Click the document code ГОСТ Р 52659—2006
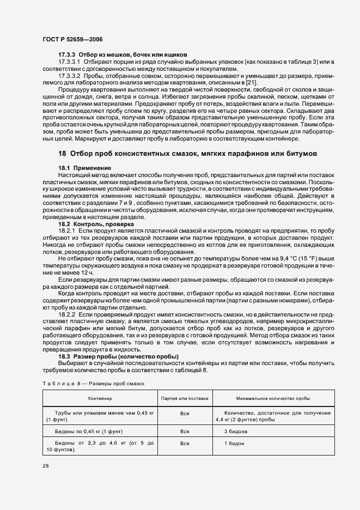click(72, 40)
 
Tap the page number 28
click(45, 466)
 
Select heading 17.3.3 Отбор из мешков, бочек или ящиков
click(123, 54)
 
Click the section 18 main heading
click(188, 154)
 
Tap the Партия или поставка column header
click(185, 399)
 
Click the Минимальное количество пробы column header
click(273, 399)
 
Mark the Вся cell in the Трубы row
click(185, 414)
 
